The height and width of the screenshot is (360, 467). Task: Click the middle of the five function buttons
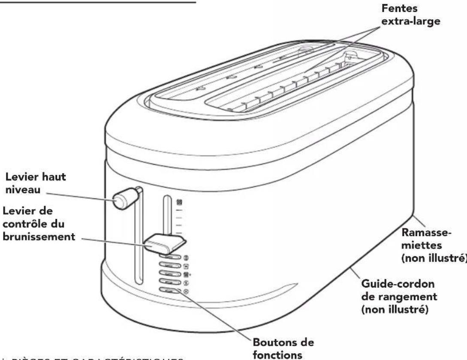click(169, 273)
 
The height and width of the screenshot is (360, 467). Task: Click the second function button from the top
click(169, 266)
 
